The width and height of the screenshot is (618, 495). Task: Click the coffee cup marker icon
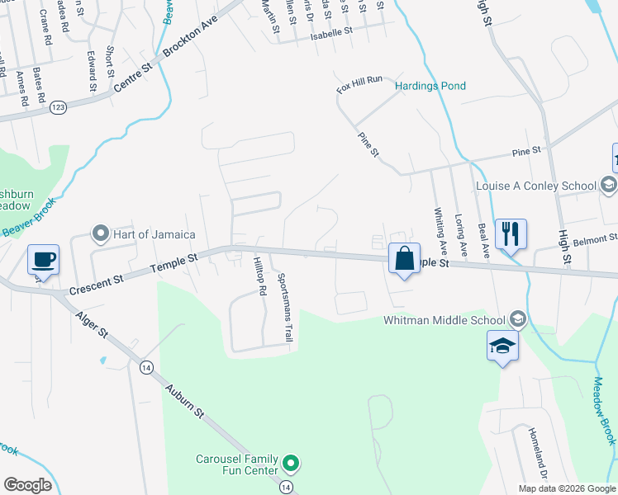tap(43, 260)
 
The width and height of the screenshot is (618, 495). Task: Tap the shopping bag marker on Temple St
tap(404, 258)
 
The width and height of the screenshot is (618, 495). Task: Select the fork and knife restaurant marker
tap(510, 233)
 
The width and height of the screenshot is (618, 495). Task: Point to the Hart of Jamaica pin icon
tap(101, 234)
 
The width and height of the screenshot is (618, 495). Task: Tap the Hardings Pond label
tap(430, 86)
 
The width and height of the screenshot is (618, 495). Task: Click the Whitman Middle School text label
tap(444, 320)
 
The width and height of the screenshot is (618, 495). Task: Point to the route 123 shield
tap(58, 107)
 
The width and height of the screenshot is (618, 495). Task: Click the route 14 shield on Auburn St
tap(146, 366)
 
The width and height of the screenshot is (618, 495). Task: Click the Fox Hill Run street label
tap(359, 80)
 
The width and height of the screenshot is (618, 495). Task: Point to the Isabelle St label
tap(331, 35)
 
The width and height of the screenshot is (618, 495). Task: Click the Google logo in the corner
tap(27, 485)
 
